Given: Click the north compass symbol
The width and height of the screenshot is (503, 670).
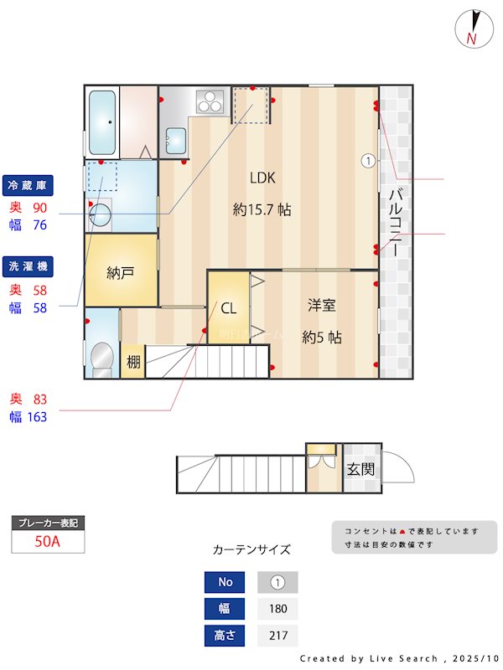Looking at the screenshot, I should (x=472, y=28).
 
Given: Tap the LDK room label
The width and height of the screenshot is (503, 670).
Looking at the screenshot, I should (x=262, y=178).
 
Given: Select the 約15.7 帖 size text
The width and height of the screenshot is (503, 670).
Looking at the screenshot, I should (x=262, y=210).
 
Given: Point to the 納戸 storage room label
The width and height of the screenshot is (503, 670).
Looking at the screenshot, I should (x=121, y=273).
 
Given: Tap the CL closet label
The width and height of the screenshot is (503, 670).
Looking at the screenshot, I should (x=228, y=308).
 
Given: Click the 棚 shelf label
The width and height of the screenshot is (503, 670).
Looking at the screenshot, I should (x=133, y=363).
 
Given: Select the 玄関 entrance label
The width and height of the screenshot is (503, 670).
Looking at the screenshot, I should (x=360, y=469).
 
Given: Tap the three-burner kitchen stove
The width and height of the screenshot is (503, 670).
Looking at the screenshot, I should (x=209, y=101).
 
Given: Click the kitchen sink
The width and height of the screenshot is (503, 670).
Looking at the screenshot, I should (x=176, y=139).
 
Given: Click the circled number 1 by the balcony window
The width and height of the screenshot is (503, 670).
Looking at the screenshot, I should (x=367, y=160).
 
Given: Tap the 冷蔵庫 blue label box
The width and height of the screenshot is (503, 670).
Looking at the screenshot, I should (x=29, y=184).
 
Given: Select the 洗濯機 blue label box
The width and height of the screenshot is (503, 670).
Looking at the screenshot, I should (x=29, y=265).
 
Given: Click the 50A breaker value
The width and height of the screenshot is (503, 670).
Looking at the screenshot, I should (x=48, y=542).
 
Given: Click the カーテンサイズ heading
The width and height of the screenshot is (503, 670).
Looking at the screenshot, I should (x=251, y=549).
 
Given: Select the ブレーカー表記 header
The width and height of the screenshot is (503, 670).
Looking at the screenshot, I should (x=48, y=523).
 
